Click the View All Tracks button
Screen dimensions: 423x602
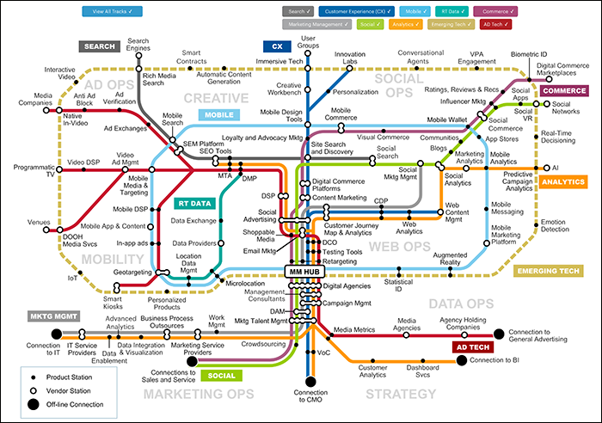107,12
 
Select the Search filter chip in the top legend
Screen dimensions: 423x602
298,12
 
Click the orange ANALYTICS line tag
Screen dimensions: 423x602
563,182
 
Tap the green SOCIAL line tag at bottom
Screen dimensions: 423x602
223,375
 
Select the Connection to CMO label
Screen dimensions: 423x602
310,397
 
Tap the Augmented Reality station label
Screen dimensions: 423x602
450,260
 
